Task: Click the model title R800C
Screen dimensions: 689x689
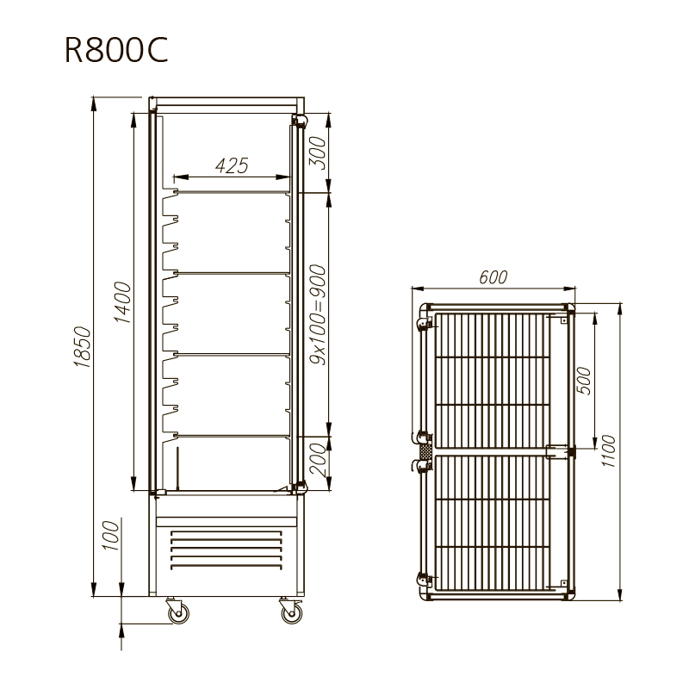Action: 116,50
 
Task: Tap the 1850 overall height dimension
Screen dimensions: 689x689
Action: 82,347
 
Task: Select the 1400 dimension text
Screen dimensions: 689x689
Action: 122,302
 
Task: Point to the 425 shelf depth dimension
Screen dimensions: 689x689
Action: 232,165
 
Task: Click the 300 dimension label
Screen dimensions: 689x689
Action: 317,152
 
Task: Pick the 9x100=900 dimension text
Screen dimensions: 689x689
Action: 317,314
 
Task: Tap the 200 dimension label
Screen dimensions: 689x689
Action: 317,460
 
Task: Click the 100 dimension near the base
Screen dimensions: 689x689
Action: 111,535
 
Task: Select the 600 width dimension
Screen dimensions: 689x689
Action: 493,277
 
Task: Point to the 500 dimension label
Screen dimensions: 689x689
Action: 583,381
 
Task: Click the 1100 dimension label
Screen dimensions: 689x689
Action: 608,450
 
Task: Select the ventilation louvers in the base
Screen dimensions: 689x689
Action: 227,549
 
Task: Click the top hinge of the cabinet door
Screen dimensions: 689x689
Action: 300,121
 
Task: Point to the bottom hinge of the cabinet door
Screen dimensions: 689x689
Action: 300,486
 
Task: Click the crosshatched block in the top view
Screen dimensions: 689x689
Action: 425,451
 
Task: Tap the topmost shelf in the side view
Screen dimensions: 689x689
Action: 233,191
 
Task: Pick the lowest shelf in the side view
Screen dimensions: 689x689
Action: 233,436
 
